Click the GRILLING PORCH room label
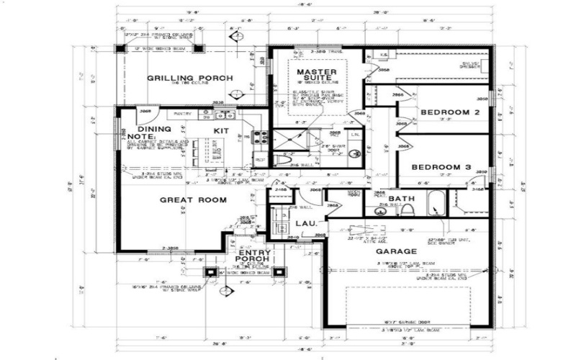click(189, 78)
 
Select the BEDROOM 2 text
click(450, 113)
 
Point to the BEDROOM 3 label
click(441, 167)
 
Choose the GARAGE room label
click(396, 252)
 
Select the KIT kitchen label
click(221, 131)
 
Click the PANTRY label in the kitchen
click(182, 113)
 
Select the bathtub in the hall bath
click(436, 204)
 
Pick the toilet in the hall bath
click(408, 210)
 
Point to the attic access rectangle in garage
click(354, 235)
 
